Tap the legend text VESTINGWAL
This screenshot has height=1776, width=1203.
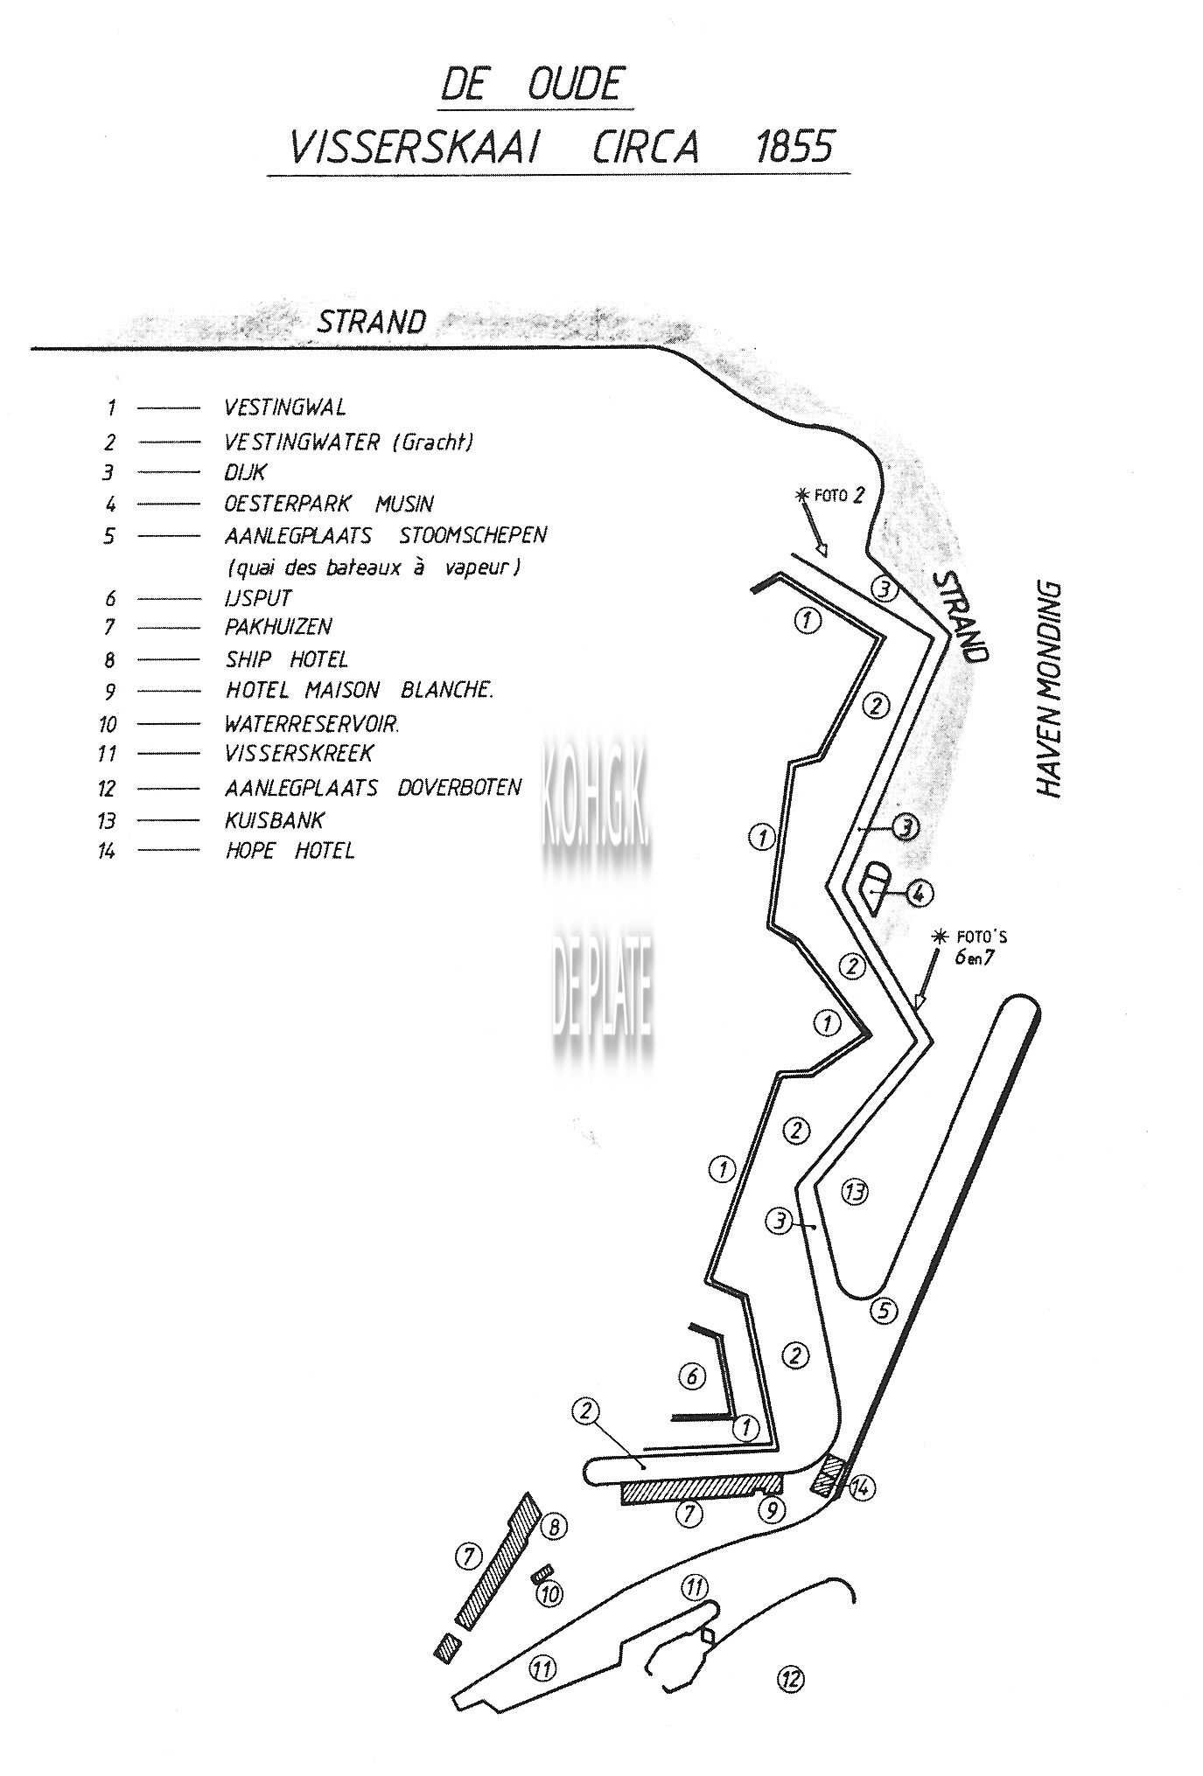(285, 407)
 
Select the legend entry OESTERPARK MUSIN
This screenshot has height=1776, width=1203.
(329, 505)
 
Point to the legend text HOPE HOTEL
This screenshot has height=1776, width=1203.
(290, 850)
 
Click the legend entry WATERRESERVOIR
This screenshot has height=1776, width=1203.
(312, 724)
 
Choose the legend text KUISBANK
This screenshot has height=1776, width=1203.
(275, 820)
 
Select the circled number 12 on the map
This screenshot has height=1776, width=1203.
(791, 1678)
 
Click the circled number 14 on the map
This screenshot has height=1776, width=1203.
(863, 1487)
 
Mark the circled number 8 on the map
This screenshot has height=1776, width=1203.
(554, 1527)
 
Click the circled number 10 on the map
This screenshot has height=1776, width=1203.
(549, 1594)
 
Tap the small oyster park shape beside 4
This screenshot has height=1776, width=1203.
(876, 884)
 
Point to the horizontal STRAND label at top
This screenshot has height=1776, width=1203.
(372, 322)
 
